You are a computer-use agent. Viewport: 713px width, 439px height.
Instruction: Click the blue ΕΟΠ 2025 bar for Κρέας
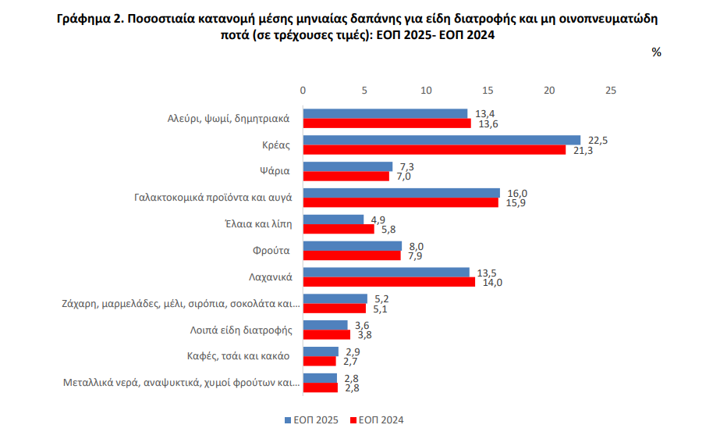[442, 140]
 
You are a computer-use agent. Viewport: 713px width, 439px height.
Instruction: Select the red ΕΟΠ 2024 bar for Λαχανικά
[388, 282]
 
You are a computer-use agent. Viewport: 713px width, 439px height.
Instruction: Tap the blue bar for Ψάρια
[348, 166]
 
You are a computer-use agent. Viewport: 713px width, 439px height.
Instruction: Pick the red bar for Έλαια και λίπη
[339, 229]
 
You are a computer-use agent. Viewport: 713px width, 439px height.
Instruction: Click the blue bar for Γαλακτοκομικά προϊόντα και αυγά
[402, 193]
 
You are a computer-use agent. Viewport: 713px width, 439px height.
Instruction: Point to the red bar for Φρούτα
[352, 255]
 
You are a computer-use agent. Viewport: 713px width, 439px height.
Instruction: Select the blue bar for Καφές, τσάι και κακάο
[321, 352]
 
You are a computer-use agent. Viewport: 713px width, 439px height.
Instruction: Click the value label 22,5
[598, 141]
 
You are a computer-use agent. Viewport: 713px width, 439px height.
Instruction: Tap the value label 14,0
[492, 283]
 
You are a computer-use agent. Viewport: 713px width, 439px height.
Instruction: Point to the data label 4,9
[378, 220]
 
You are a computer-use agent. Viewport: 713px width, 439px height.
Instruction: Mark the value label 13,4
[484, 114]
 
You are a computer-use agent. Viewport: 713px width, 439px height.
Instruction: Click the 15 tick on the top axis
[488, 90]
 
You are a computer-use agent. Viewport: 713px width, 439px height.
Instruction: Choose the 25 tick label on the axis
[611, 90]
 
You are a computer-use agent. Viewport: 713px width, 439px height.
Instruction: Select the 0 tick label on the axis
[303, 90]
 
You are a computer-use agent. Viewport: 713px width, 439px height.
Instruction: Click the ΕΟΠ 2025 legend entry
[311, 420]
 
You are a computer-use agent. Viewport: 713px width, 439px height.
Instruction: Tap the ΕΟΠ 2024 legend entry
[377, 420]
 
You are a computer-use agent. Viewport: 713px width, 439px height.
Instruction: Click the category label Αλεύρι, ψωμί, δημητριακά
[229, 119]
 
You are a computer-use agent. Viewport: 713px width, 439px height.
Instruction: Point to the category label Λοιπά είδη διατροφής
[241, 330]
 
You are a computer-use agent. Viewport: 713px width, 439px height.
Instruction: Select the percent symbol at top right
[656, 52]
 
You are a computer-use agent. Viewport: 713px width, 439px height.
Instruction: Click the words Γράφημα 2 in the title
[89, 19]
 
